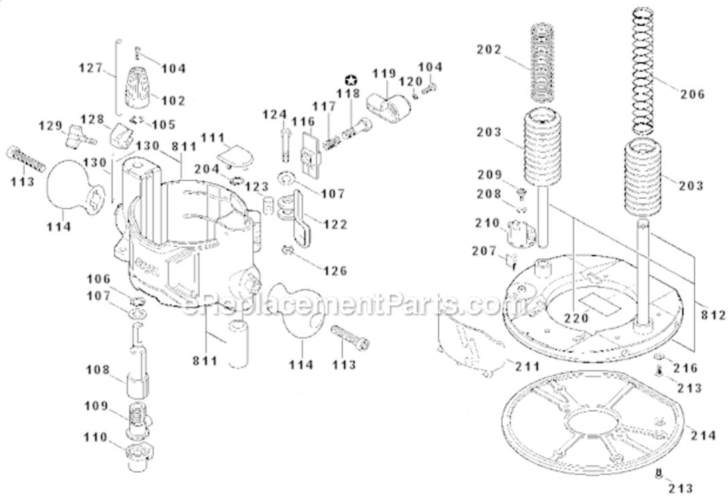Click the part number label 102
[x=173, y=101]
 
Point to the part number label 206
[x=692, y=95]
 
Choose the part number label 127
[x=90, y=68]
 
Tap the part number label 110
[x=96, y=437]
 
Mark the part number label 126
[x=335, y=271]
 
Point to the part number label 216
[x=685, y=368]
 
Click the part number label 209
[x=489, y=175]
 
